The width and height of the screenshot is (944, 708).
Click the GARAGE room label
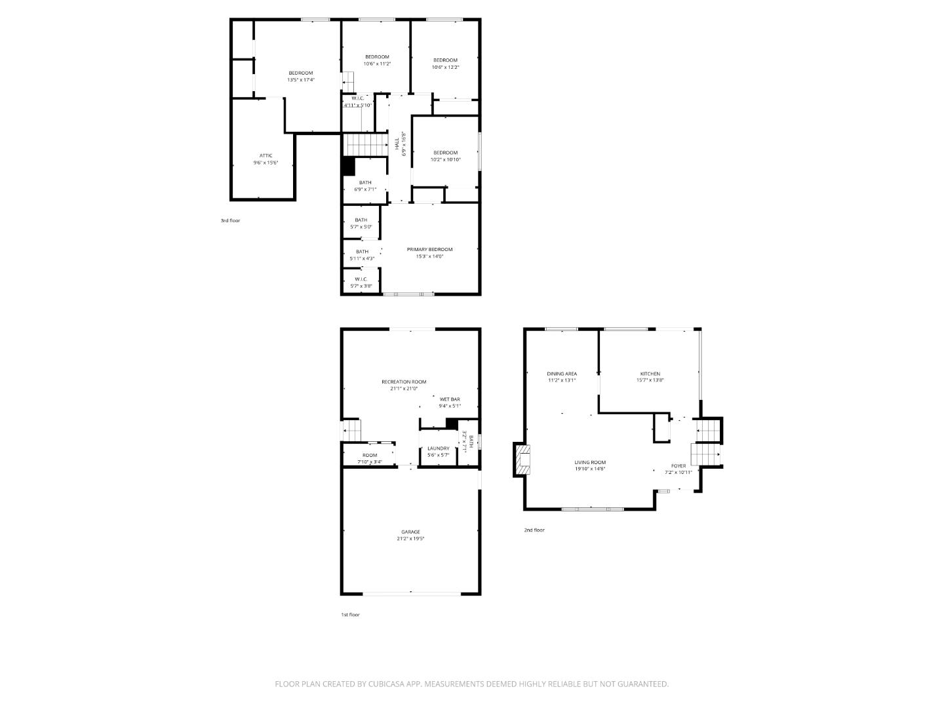click(x=410, y=532)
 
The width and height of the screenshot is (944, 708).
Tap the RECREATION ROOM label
click(x=404, y=382)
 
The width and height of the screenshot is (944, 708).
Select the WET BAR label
click(x=450, y=399)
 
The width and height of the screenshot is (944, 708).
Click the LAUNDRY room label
click(x=439, y=448)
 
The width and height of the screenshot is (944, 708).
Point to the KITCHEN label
click(x=650, y=374)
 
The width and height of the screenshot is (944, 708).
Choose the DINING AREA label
click(x=562, y=374)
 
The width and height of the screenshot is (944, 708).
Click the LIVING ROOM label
click(x=590, y=462)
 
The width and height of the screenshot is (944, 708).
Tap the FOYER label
click(x=678, y=465)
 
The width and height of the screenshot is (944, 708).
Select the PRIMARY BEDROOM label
click(x=429, y=249)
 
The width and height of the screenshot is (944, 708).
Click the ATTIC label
click(x=265, y=155)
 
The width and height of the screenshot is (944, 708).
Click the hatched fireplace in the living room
click(x=522, y=460)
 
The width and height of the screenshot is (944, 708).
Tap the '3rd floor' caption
click(x=230, y=221)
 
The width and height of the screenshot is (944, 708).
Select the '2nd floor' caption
click(x=534, y=530)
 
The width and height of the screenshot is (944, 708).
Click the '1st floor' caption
click(x=350, y=615)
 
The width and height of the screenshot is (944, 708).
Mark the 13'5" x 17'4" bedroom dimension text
click(x=301, y=80)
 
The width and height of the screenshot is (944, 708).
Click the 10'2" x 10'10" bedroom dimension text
click(x=445, y=160)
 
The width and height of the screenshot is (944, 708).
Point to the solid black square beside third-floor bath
click(x=348, y=167)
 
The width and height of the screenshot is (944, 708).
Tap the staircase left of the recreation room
click(x=352, y=430)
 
